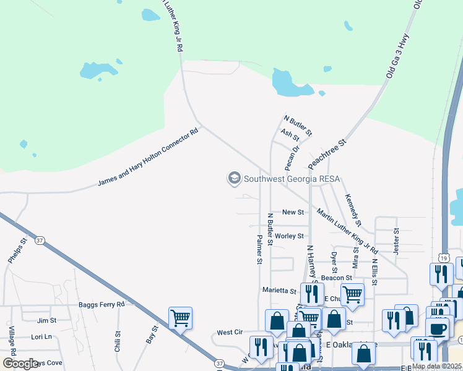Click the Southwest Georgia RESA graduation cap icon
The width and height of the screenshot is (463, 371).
(x=234, y=179)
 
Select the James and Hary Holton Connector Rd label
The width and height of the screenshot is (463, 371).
(x=149, y=158)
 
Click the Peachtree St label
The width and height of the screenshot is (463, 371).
(x=327, y=154)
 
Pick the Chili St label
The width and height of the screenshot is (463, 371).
(x=118, y=341)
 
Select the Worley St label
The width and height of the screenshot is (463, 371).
(x=289, y=236)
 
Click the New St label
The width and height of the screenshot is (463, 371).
(x=293, y=212)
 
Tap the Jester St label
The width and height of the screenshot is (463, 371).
(x=397, y=242)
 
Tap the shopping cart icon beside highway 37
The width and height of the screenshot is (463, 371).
(x=180, y=318)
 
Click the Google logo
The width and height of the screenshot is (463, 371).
(x=20, y=364)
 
